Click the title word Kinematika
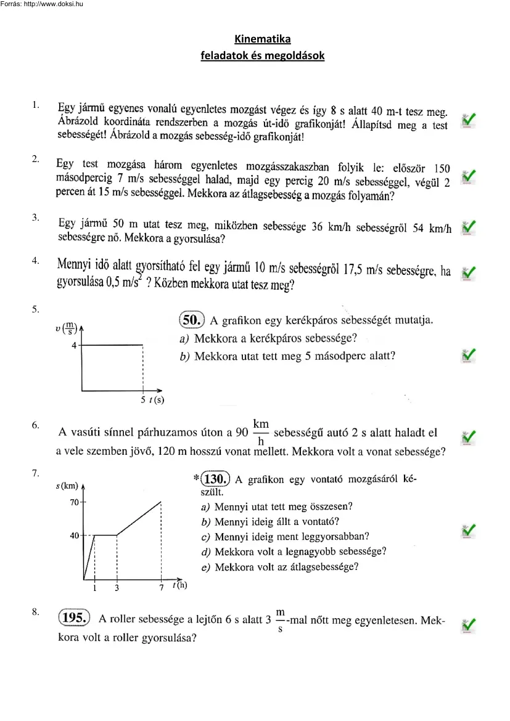pyautogui.click(x=263, y=39)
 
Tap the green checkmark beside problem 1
pyautogui.click(x=469, y=120)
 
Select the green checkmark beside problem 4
pyautogui.click(x=469, y=272)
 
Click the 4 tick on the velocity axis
pyautogui.click(x=75, y=346)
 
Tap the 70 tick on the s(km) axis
pyautogui.click(x=74, y=502)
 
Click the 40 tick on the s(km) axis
pyautogui.click(x=74, y=536)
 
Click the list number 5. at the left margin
pyautogui.click(x=36, y=309)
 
